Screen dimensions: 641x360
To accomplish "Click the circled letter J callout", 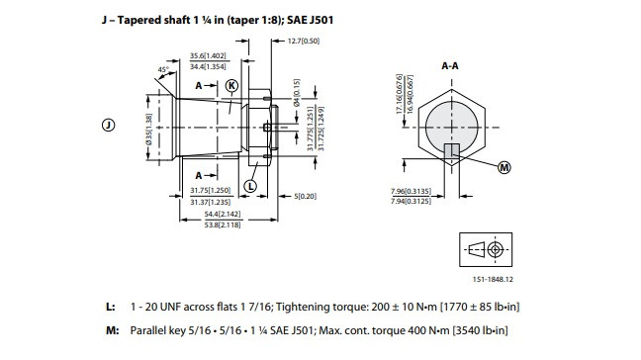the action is coord(109,125).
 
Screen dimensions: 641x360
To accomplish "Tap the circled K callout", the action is coord(231,86).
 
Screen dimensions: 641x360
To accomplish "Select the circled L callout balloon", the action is coord(250,186).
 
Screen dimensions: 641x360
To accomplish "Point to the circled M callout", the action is coord(504,167).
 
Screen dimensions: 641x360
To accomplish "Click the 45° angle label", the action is coord(163,70).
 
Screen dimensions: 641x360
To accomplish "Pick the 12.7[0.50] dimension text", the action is coord(304,41).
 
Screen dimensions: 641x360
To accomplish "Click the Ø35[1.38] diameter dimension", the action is coord(148,129).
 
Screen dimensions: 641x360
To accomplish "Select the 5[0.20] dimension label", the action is coord(306,196).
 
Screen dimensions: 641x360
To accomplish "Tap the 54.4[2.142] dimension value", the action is coord(223,214).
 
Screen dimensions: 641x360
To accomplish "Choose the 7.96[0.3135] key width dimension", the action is coord(411,191).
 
